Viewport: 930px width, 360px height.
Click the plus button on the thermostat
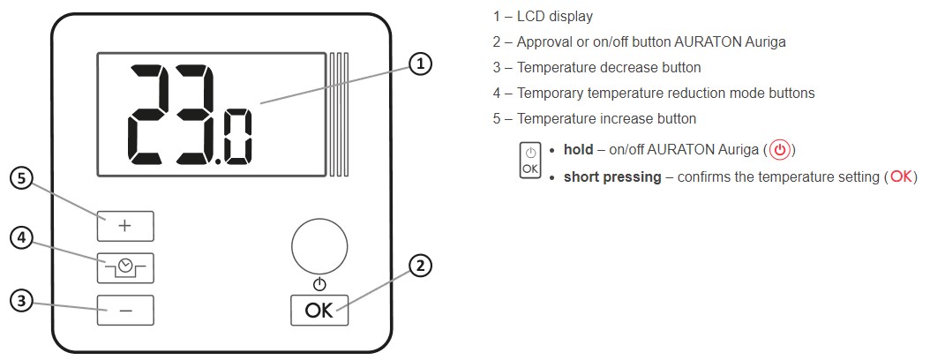pyautogui.click(x=125, y=227)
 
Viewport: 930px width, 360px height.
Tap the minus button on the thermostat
pyautogui.click(x=125, y=311)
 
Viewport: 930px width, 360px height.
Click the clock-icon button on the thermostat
pyautogui.click(x=125, y=267)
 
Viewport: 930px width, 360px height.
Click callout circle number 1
pyautogui.click(x=422, y=64)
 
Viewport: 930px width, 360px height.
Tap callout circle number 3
pyautogui.click(x=22, y=301)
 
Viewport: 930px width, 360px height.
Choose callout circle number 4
pyautogui.click(x=22, y=237)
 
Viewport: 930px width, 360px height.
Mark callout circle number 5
pyautogui.click(x=22, y=178)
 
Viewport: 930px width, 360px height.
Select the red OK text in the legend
pyautogui.click(x=901, y=176)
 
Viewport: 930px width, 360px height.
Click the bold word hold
pyautogui.click(x=578, y=150)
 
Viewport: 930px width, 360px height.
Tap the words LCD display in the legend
pyautogui.click(x=555, y=16)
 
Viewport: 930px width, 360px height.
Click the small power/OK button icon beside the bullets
pyautogui.click(x=529, y=161)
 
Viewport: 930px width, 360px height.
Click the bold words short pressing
pyautogui.click(x=612, y=176)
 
